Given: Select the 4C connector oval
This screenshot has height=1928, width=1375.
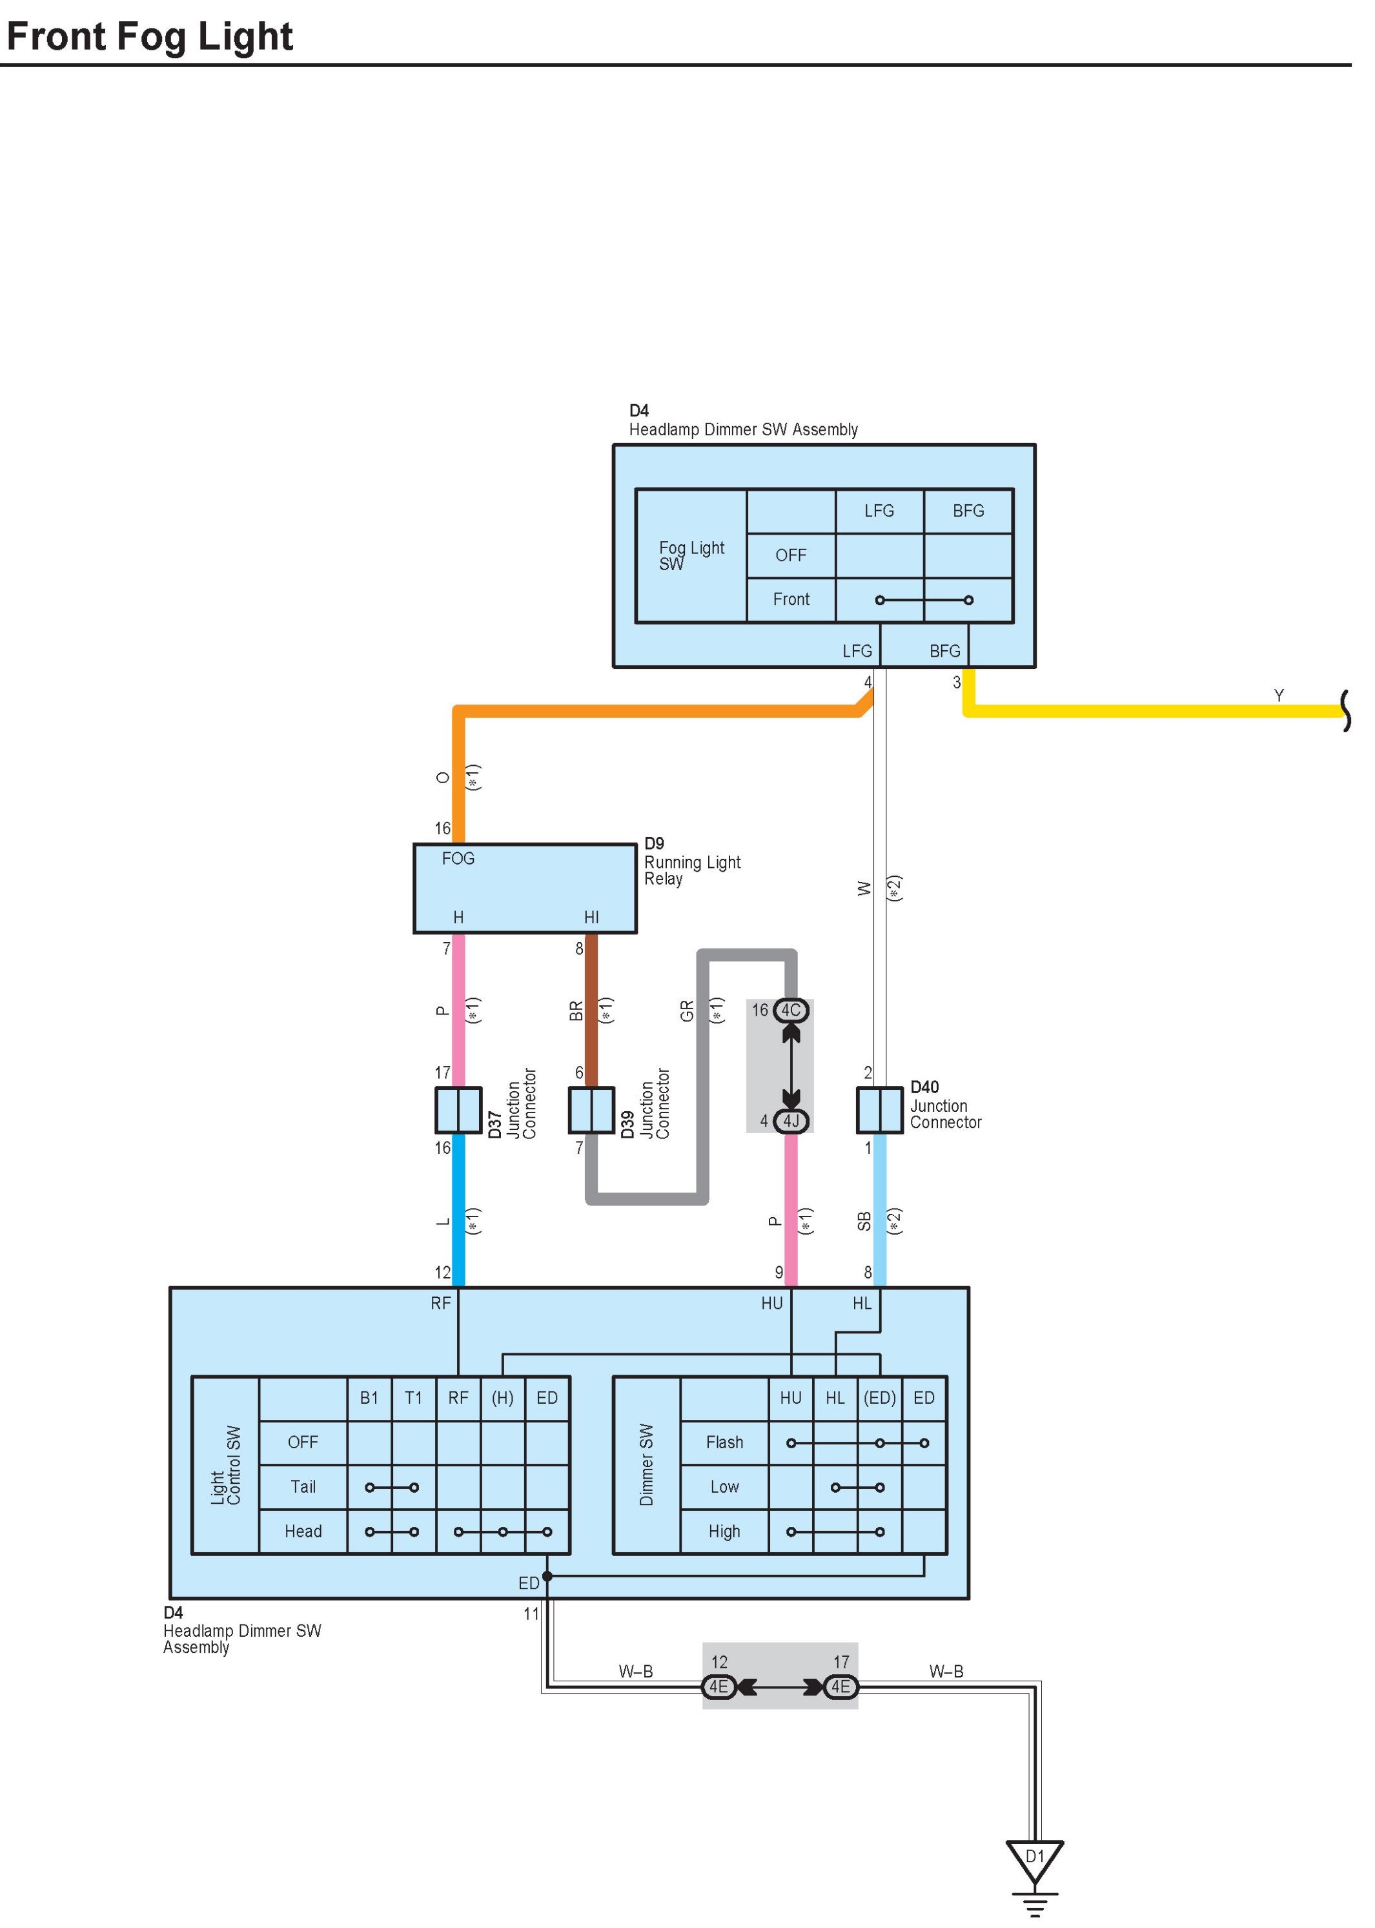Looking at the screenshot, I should [790, 1010].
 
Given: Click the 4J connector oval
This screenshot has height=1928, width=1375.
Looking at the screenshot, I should [791, 1121].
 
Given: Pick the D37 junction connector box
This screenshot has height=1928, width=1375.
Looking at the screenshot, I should [458, 1110].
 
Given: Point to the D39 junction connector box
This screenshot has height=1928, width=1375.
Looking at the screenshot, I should [591, 1110].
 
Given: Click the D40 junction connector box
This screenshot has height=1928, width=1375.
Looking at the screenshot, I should [880, 1110].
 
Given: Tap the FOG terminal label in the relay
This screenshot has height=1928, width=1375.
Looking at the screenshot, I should [458, 859].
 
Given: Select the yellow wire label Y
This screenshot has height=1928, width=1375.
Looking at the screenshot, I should [1278, 695].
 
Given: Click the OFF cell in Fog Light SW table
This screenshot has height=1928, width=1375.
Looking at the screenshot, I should [791, 555].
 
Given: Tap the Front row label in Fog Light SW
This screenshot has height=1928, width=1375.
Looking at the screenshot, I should [791, 599].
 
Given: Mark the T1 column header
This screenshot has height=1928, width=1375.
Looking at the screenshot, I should [413, 1398].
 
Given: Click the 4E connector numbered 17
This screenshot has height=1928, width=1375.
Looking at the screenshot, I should [840, 1687].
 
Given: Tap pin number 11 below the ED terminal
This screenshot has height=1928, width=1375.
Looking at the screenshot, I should [531, 1614].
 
